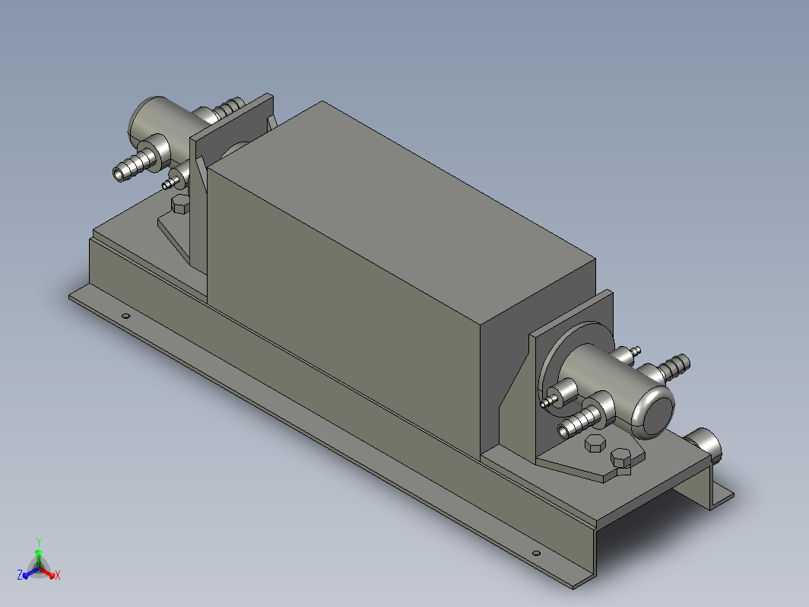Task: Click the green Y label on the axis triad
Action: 39,542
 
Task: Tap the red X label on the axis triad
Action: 58,575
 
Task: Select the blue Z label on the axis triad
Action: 20,574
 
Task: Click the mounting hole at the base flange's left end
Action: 125,316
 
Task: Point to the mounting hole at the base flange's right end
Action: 536,553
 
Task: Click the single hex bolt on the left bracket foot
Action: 179,205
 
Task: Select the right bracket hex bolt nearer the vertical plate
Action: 595,443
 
